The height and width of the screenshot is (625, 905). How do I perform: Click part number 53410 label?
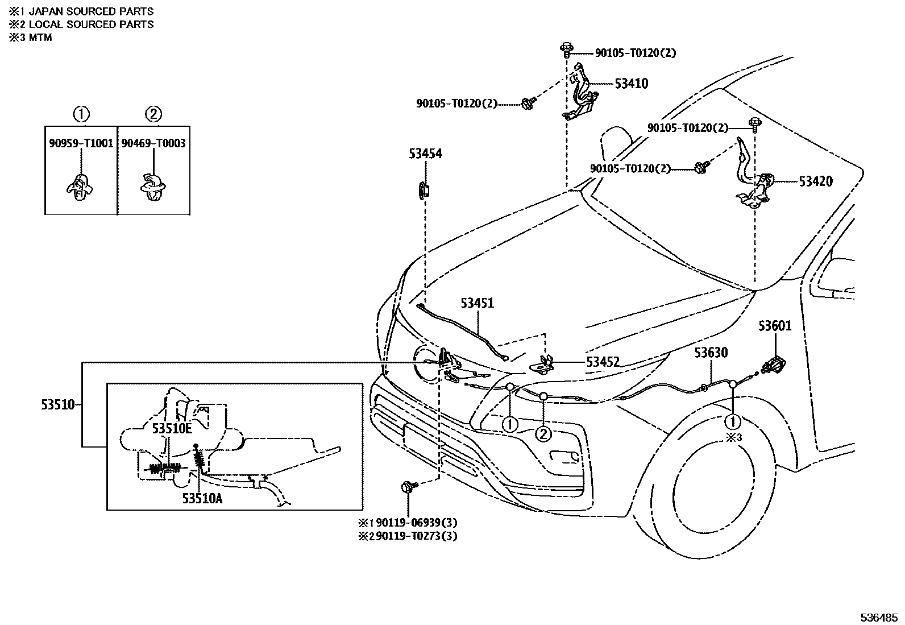tap(631, 84)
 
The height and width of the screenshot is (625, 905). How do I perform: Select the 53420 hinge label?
tap(815, 181)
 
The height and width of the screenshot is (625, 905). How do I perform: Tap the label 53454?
tap(425, 154)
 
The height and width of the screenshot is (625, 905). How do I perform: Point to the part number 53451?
tap(477, 304)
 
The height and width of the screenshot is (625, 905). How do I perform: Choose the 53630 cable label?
tap(710, 353)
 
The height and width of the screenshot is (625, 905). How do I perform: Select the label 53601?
tap(774, 326)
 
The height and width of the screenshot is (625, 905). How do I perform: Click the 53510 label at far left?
tap(57, 405)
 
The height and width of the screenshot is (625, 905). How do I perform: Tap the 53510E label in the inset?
tap(172, 429)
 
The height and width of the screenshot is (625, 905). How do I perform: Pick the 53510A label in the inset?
tap(203, 498)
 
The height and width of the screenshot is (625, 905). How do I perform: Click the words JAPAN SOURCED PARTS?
tap(91, 11)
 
